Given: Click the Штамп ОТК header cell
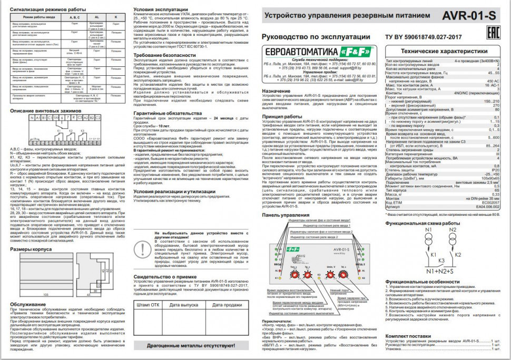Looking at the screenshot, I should click(148, 304).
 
